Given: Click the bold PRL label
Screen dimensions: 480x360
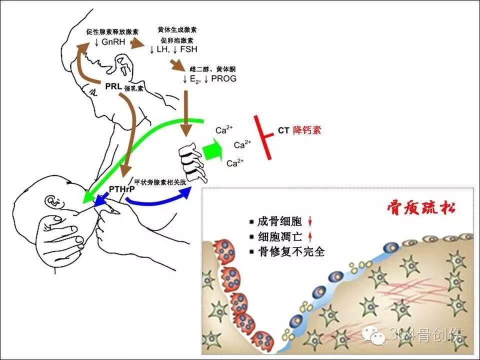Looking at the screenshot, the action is (x=113, y=86).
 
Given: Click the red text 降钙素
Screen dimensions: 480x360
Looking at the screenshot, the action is (x=307, y=130).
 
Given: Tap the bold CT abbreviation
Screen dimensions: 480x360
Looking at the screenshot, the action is (x=283, y=130).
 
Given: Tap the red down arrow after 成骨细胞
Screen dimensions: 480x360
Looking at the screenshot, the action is (x=310, y=220).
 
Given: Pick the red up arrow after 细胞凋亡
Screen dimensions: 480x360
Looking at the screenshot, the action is (x=310, y=236).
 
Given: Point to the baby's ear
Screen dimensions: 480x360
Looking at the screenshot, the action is (x=51, y=202).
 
